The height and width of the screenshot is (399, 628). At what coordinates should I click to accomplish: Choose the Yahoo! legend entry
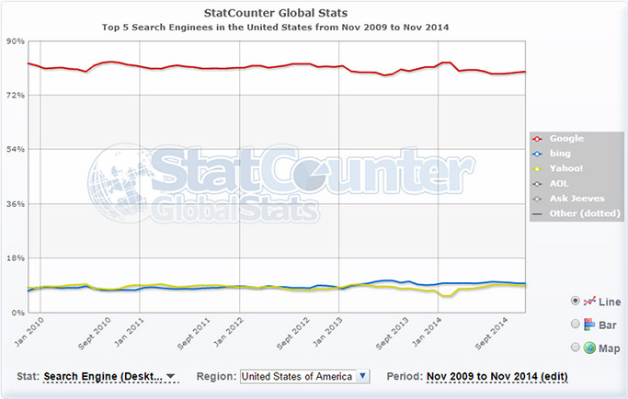[x=565, y=168]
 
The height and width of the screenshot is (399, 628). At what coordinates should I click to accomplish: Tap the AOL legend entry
[x=558, y=183]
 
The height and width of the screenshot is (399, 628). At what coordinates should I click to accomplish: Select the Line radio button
[x=576, y=300]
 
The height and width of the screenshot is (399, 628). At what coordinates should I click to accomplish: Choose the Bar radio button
[x=576, y=324]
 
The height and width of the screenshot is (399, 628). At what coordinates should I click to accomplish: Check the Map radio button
[x=576, y=348]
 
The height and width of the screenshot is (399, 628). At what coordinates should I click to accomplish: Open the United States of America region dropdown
[x=303, y=376]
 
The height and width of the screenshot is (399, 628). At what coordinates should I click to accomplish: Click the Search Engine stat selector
[x=109, y=377]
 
